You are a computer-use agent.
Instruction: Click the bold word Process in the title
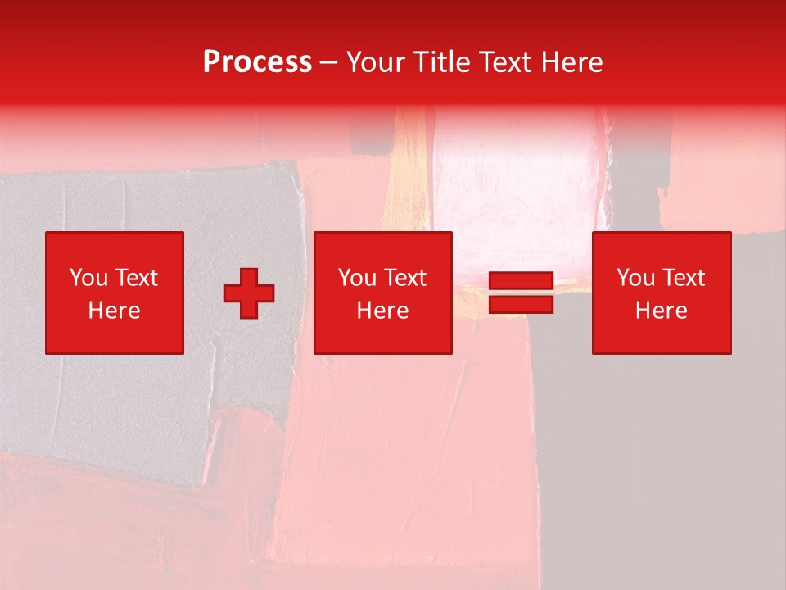pyautogui.click(x=257, y=62)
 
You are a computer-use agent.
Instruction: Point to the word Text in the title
pyautogui.click(x=504, y=62)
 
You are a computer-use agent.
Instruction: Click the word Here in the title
pyautogui.click(x=571, y=62)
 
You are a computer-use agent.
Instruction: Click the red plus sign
pyautogui.click(x=249, y=293)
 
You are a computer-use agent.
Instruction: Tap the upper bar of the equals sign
pyautogui.click(x=521, y=281)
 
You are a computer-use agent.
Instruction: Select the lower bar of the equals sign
pyautogui.click(x=521, y=304)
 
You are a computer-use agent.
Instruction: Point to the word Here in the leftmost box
pyautogui.click(x=114, y=311)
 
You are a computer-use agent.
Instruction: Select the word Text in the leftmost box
pyautogui.click(x=135, y=278)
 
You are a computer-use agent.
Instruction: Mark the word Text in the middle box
pyautogui.click(x=404, y=278)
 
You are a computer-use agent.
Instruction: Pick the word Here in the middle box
pyautogui.click(x=383, y=311)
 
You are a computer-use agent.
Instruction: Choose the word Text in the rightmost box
pyautogui.click(x=683, y=278)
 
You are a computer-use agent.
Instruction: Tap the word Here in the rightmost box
pyautogui.click(x=662, y=311)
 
